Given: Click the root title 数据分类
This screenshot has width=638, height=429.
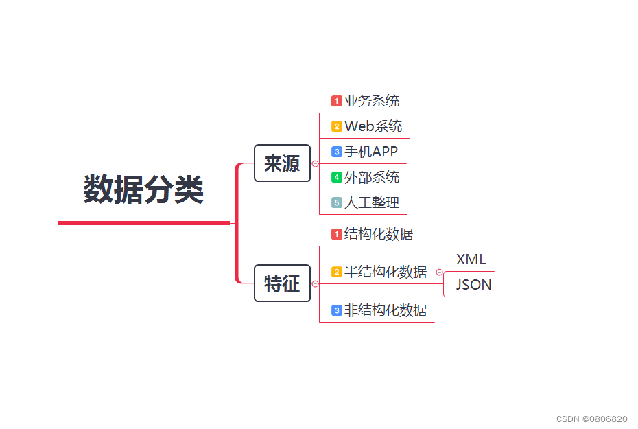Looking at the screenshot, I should [x=143, y=189].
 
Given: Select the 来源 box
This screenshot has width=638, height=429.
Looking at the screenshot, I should [x=282, y=163].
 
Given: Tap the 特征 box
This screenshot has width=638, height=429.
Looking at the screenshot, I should [x=282, y=283].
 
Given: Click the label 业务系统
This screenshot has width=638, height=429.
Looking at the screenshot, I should [x=372, y=102].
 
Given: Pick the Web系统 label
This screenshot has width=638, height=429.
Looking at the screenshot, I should [x=373, y=126].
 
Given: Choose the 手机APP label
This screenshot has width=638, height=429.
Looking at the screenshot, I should [x=371, y=152].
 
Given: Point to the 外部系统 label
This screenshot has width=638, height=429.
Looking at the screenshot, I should [x=372, y=177].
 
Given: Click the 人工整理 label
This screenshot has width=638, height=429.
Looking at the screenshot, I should [x=372, y=202].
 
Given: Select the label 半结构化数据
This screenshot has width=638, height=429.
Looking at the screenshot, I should [x=386, y=272].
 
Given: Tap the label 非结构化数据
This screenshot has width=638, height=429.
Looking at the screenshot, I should [x=386, y=310].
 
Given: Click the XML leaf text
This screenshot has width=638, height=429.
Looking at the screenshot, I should [x=471, y=259].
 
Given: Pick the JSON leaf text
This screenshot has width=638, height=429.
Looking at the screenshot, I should [x=473, y=284].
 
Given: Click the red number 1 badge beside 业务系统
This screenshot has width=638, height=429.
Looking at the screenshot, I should [x=337, y=102].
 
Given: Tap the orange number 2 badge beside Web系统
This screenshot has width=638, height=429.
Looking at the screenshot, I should [x=337, y=126].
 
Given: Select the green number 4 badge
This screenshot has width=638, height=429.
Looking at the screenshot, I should [x=337, y=177].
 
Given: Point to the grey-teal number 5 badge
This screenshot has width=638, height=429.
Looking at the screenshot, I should [x=337, y=202].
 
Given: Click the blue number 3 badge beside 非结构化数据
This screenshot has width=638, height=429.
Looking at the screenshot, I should [x=337, y=310].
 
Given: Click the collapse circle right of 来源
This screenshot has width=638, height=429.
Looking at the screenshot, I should [x=315, y=163].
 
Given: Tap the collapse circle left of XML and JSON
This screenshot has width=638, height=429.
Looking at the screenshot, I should [x=439, y=273].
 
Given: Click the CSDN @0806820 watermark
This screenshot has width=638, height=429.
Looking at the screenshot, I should [x=591, y=419].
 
